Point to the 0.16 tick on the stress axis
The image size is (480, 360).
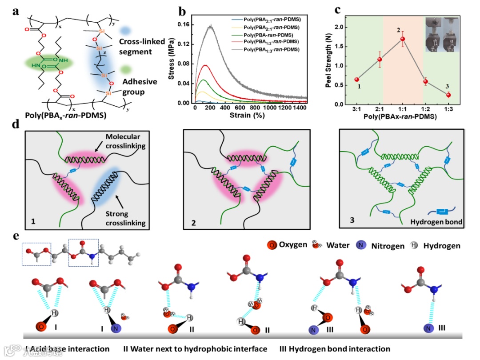[x=183, y=25]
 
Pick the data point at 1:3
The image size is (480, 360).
[x=448, y=95]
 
